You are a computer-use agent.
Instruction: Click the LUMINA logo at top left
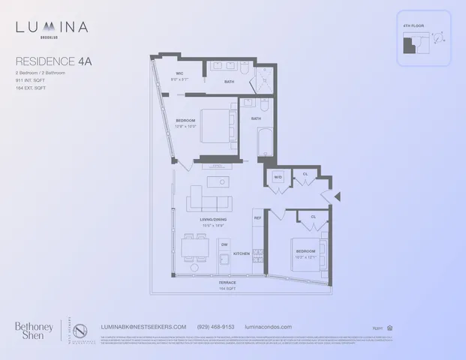coord(52,28)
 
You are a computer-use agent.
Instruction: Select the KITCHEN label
coord(241,253)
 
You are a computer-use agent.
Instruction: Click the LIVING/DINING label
coord(213,219)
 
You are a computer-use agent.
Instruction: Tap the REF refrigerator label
coord(257,218)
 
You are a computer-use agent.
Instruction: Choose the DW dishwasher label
coord(224,244)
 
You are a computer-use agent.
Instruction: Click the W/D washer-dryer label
coord(277,178)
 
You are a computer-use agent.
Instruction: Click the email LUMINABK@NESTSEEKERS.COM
coord(143,326)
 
